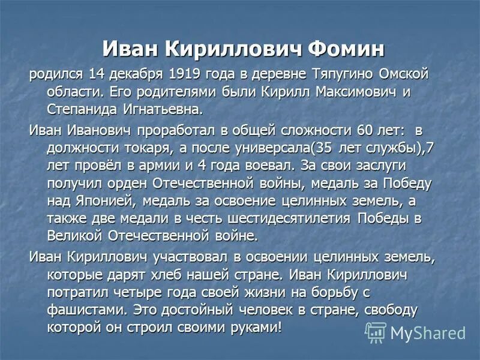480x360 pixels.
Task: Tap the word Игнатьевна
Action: [164, 110]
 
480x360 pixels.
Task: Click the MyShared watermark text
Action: [427, 333]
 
